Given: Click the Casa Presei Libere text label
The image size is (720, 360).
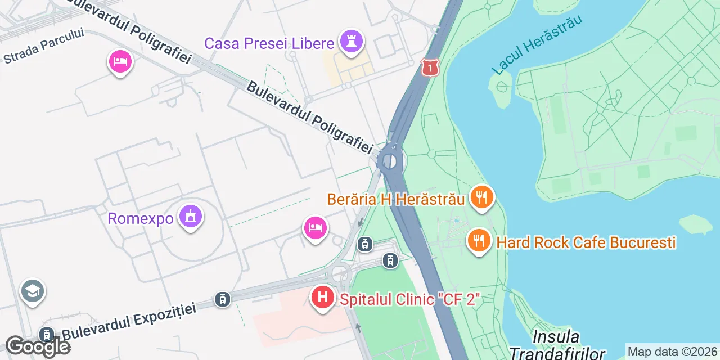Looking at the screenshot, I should pos(269,43).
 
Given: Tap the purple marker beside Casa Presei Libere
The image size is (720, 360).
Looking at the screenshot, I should pos(352,42).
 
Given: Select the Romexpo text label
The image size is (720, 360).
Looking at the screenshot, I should pos(141,218).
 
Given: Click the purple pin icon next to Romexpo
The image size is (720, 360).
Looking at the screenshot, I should pos(190,217).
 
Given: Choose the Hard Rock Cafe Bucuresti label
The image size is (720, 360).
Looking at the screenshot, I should pos(586,242).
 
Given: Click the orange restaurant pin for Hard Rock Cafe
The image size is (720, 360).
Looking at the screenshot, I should pos(479,241).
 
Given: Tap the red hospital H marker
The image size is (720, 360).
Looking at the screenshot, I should pos(323,296).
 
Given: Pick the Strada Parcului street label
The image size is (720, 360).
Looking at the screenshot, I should pos(44,46).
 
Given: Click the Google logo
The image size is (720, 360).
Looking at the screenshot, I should pos(38,346).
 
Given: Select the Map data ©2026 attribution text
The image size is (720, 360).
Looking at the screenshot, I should pos(673,352).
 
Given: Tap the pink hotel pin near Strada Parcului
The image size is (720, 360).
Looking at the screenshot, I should pos(119,62).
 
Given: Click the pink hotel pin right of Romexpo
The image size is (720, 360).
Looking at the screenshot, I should pos(315,228).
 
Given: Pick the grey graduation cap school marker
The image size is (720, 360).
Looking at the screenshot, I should pos(33,291).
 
